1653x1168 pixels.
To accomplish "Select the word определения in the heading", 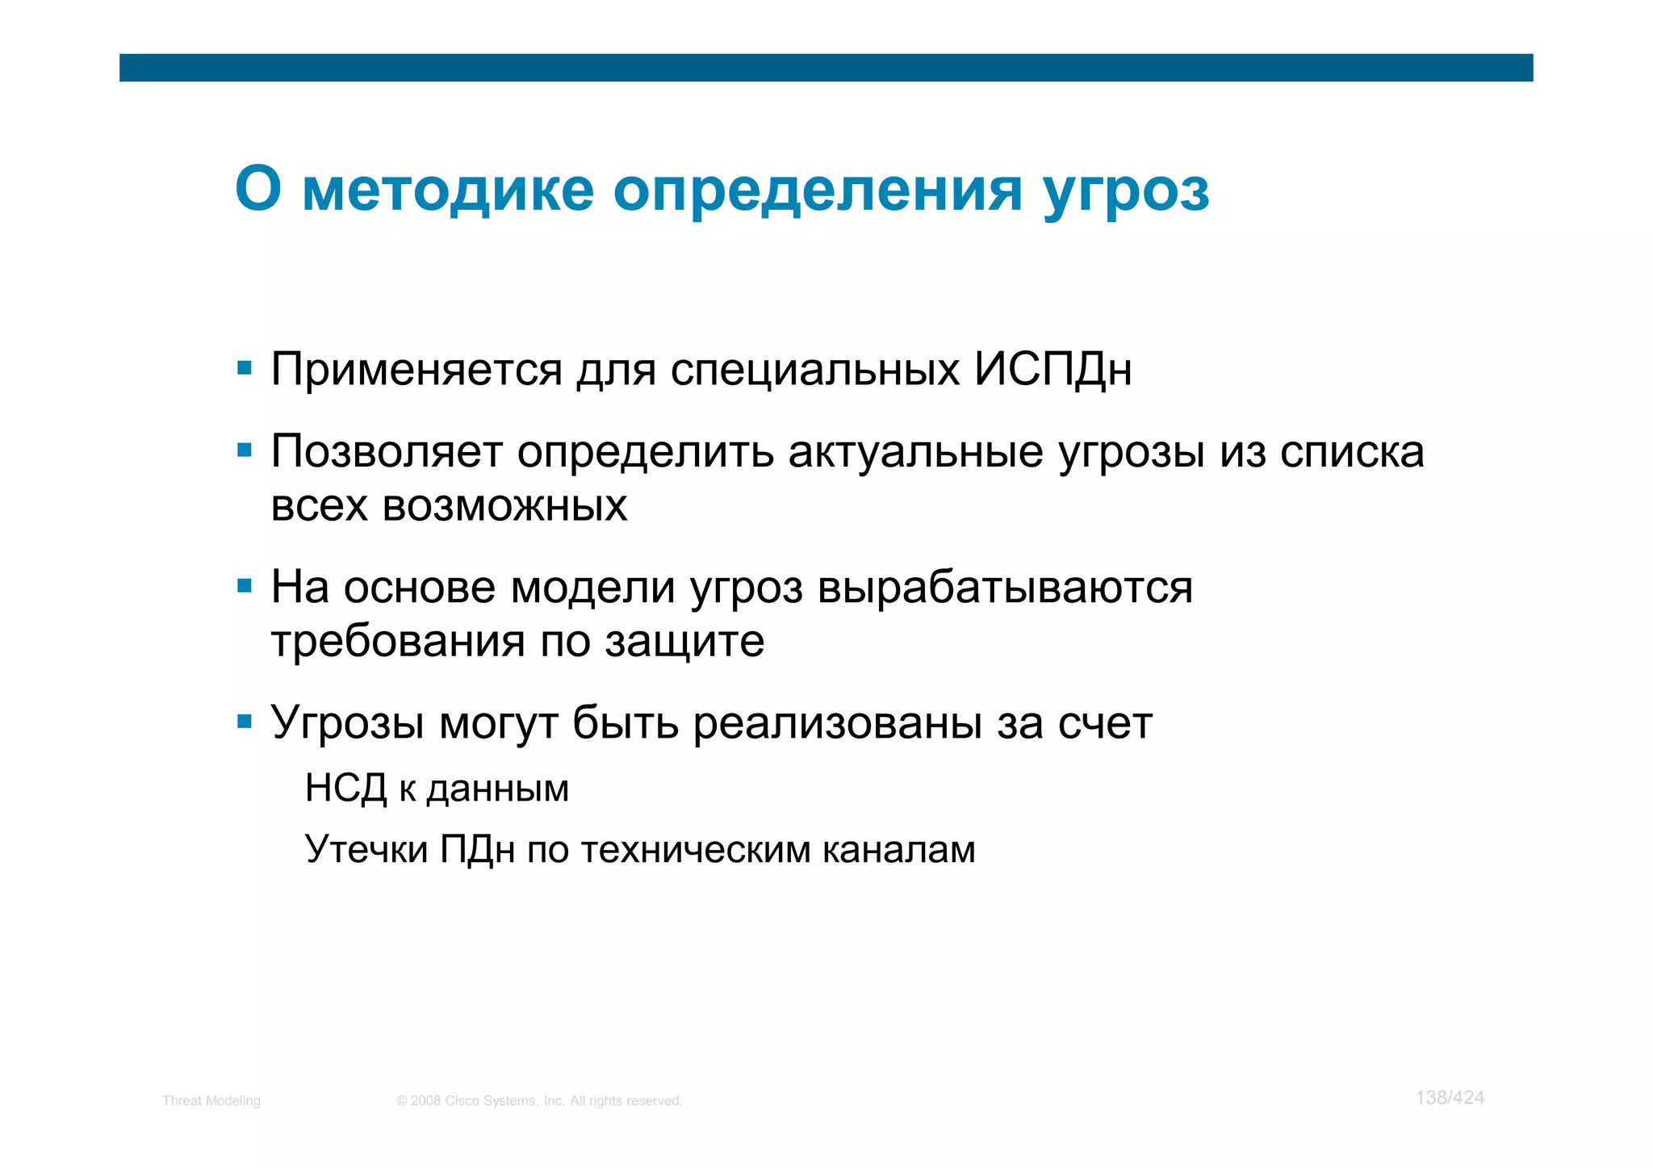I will (818, 191).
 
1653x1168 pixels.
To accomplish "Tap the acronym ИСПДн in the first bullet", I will (1052, 370).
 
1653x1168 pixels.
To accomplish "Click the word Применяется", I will (416, 370).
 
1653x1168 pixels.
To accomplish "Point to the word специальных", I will (814, 370).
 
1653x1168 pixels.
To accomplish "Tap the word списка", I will (1352, 452).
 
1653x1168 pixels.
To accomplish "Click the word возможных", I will (504, 506).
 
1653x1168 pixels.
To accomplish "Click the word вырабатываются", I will (1005, 587).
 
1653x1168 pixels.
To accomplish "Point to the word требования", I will (398, 642).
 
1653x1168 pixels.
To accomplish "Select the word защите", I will (684, 642).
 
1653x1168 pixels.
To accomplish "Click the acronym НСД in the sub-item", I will (345, 788).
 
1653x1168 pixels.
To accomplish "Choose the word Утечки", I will (366, 849).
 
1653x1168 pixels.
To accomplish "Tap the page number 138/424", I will (1450, 1097).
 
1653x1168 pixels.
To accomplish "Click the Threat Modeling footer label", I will (211, 1100).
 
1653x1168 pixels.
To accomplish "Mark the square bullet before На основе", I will (245, 585).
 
